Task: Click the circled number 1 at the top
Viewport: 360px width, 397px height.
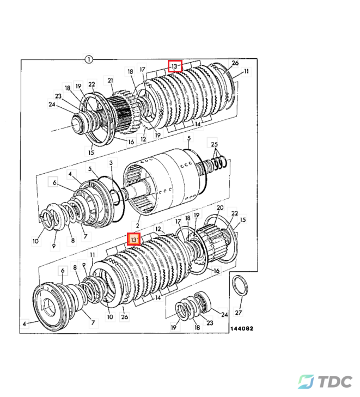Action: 89,58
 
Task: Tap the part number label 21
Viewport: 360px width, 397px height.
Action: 110,81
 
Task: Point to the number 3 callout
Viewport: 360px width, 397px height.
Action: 111,163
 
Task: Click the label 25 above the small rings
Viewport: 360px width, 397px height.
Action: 215,144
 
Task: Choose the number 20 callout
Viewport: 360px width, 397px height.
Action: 220,208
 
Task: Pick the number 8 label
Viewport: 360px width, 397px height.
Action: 72,240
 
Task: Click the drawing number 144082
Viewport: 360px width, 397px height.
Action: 241,329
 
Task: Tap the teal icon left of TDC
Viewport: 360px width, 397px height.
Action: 306,382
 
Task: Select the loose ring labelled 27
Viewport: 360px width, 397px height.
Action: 239,285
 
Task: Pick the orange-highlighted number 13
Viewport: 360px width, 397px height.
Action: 134,239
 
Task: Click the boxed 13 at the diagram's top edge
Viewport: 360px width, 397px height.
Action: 174,66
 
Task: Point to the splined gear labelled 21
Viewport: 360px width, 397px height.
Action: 120,109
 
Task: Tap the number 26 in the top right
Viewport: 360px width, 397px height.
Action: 235,63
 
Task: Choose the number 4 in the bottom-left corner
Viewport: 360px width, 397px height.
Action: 24,324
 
